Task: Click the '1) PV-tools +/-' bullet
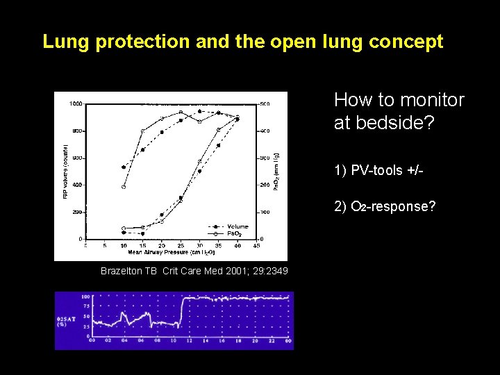(x=378, y=170)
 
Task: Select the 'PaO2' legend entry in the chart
(x=235, y=233)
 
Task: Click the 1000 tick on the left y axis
(x=75, y=103)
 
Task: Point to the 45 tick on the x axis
(x=256, y=245)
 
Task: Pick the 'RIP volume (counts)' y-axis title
(x=66, y=171)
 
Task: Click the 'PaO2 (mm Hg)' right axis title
(x=276, y=171)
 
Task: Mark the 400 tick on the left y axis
(x=76, y=185)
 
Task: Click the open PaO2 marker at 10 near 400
(x=124, y=186)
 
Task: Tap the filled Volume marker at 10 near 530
(x=124, y=167)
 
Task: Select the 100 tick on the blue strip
(x=86, y=297)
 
